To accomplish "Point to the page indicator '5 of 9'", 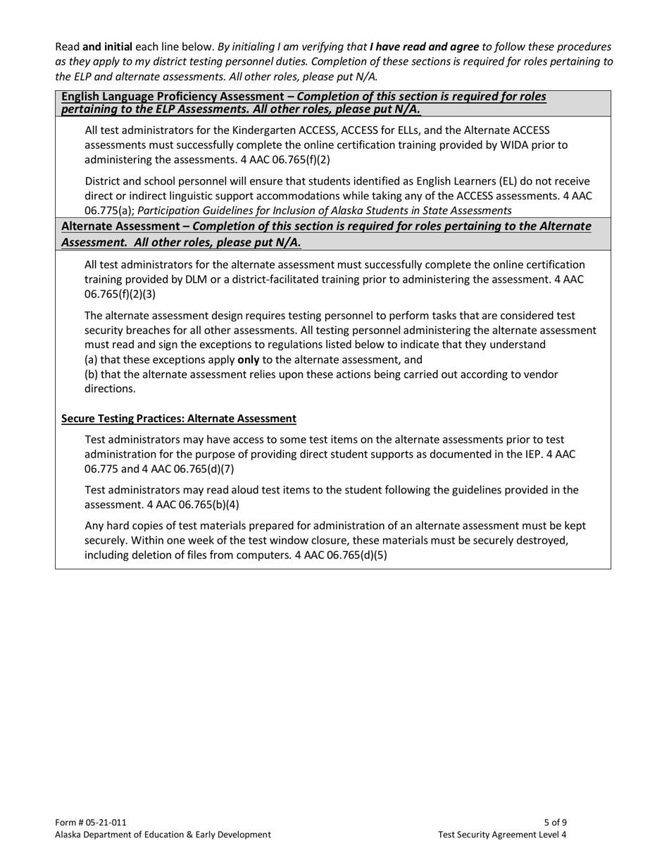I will click(555, 822).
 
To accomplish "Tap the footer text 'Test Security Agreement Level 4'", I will click(501, 835).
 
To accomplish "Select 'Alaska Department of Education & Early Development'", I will click(163, 835).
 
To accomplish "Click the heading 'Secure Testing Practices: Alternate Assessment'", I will click(179, 419).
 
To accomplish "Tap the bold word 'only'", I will click(248, 359).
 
